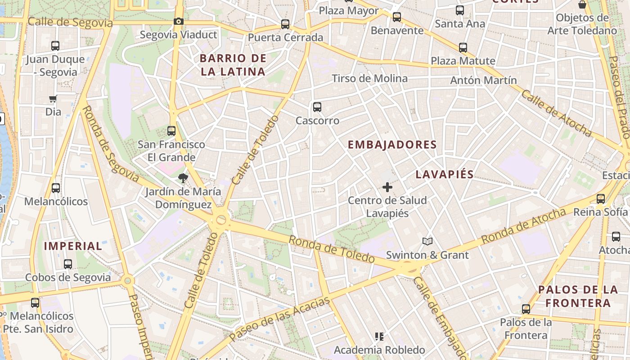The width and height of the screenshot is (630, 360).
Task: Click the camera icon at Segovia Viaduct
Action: [179, 21]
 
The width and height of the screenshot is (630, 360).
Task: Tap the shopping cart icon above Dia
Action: [53, 99]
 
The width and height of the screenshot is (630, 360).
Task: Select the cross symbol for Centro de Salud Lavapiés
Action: [387, 187]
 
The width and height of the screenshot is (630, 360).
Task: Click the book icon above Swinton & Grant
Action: [427, 242]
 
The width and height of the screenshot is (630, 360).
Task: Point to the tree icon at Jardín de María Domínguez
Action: [183, 178]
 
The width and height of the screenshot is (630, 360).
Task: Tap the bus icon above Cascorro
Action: [317, 107]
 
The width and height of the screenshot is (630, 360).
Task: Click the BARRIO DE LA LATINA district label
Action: [233, 65]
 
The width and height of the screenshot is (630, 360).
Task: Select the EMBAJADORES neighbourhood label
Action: [392, 144]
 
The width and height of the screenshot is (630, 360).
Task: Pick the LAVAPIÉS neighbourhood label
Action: [445, 175]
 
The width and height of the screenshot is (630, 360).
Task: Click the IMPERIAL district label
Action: [73, 246]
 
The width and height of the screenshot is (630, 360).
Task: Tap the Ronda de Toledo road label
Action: [331, 249]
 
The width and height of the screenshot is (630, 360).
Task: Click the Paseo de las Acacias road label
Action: [279, 319]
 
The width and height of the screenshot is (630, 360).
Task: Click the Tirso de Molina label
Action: [369, 78]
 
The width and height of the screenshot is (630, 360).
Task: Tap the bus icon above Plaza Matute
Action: [463, 47]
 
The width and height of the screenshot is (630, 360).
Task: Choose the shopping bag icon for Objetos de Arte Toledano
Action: [582, 5]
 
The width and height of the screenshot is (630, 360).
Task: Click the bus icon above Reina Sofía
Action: [600, 199]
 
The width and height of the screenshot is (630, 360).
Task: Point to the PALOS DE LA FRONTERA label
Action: [575, 296]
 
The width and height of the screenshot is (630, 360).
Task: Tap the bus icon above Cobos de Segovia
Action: [68, 264]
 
